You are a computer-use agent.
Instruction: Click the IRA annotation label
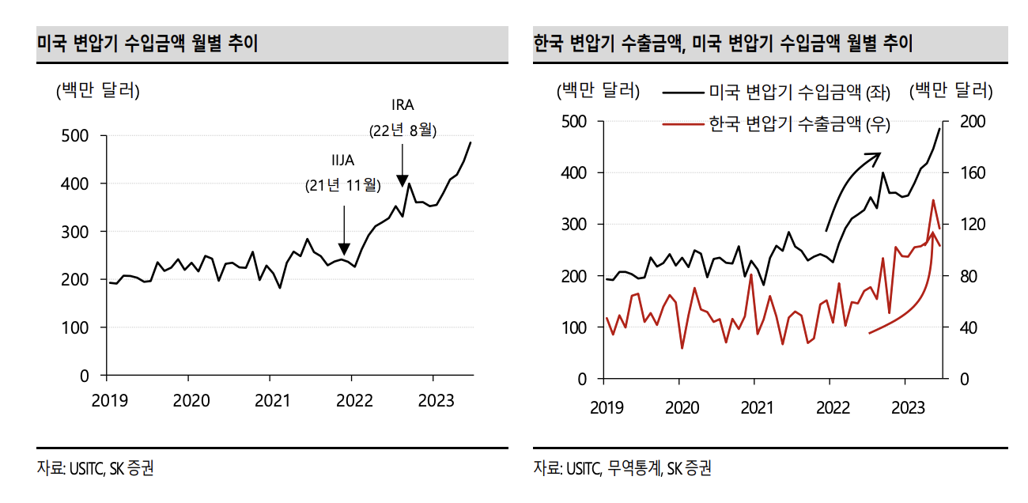coord(403,104)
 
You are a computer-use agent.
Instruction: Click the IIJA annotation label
coord(343,161)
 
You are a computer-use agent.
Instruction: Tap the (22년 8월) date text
coord(403,130)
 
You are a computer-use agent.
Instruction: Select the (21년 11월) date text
coord(343,186)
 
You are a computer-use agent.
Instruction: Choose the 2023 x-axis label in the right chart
coord(909,407)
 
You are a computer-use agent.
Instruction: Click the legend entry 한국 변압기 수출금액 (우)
coord(799,124)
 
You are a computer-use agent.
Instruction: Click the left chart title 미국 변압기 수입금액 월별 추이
coord(147,43)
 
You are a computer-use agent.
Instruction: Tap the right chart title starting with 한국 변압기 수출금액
coord(723,43)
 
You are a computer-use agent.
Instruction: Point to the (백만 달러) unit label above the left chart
coord(97,91)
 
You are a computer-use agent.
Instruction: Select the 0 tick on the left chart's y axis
coord(84,376)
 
